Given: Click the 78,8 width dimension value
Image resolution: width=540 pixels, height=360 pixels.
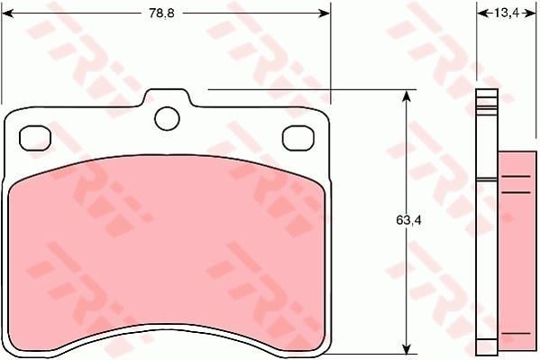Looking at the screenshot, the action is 161,14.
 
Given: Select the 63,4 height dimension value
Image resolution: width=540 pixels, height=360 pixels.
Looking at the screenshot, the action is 408,220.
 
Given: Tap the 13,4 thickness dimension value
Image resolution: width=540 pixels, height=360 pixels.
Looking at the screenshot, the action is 507,14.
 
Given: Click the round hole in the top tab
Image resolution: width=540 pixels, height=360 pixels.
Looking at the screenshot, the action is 168,118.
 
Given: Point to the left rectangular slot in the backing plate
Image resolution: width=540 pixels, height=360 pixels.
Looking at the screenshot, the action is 35,138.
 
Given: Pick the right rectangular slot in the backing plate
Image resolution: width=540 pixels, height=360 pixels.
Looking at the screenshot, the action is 298,138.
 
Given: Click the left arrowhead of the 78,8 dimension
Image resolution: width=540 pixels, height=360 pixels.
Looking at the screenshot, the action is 7,14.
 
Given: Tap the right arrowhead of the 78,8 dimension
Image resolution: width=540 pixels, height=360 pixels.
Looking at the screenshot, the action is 324,14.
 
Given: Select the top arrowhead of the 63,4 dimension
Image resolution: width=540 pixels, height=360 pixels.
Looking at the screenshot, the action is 407,96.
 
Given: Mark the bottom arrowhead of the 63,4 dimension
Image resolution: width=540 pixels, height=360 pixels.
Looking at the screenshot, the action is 407,348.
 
